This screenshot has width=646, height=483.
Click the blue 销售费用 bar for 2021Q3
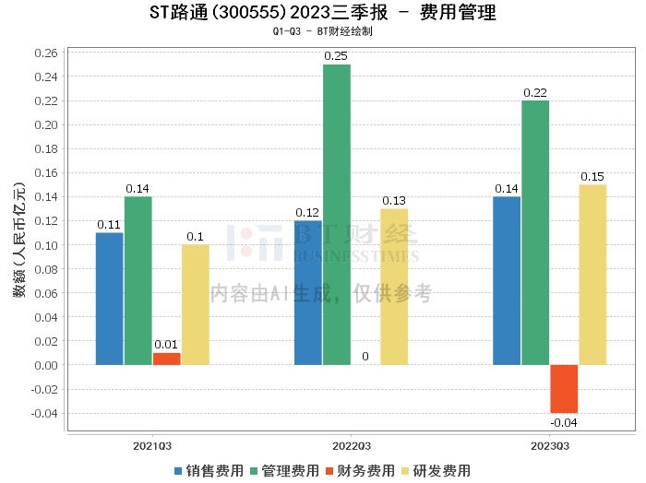(109, 299)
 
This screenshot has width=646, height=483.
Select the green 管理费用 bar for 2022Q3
(337, 215)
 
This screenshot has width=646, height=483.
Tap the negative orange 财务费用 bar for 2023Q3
(564, 388)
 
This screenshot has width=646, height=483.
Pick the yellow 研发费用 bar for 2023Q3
(592, 275)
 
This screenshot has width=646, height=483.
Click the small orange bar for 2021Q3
(167, 359)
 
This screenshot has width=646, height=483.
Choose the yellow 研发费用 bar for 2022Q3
(394, 287)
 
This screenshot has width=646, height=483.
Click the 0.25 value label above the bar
(336, 56)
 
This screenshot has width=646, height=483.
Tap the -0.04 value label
(563, 422)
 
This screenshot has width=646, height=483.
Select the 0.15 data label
(592, 176)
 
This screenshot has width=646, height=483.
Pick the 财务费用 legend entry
(360, 470)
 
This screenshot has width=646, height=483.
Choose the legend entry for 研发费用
(436, 470)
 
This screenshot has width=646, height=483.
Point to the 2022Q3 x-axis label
(351, 444)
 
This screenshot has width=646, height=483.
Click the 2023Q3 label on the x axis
(549, 444)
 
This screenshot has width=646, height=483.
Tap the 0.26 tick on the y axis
(43, 53)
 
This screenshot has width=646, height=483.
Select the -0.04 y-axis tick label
(42, 413)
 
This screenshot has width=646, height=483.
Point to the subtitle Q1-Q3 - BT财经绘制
(322, 31)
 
